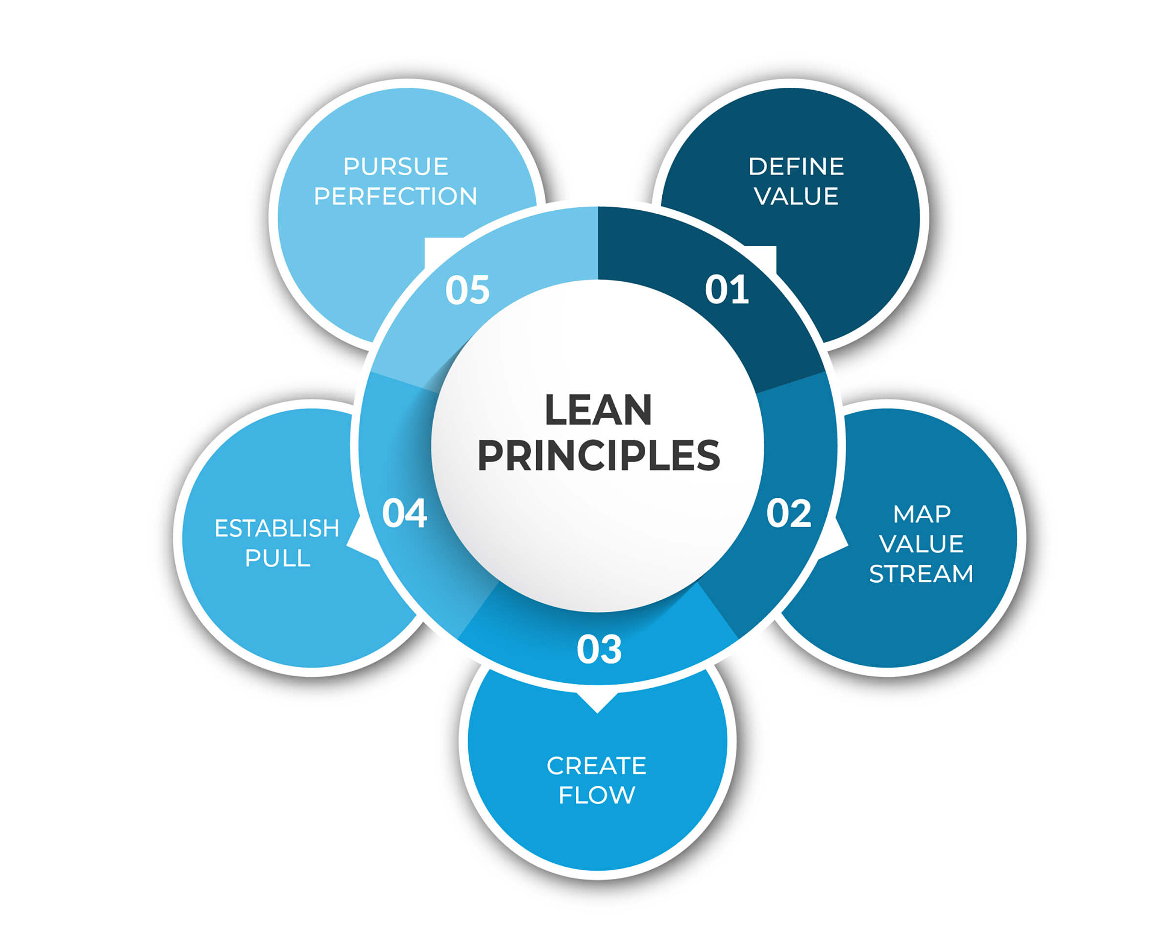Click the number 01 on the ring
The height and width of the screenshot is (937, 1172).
(726, 289)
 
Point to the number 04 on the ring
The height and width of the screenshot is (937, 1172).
(404, 513)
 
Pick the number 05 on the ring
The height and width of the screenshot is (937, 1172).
(467, 289)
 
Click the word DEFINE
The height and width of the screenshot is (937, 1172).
(796, 166)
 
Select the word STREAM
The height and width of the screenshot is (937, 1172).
(921, 574)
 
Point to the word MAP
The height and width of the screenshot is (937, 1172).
(921, 514)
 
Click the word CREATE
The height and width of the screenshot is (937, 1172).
(596, 766)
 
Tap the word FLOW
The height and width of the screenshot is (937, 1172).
(596, 795)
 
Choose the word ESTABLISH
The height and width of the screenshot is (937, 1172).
(277, 529)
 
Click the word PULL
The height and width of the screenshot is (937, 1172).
(277, 558)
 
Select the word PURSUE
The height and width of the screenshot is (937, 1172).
(395, 166)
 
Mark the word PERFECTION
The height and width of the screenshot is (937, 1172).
(395, 196)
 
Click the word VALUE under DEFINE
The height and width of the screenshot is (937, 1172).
(796, 196)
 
